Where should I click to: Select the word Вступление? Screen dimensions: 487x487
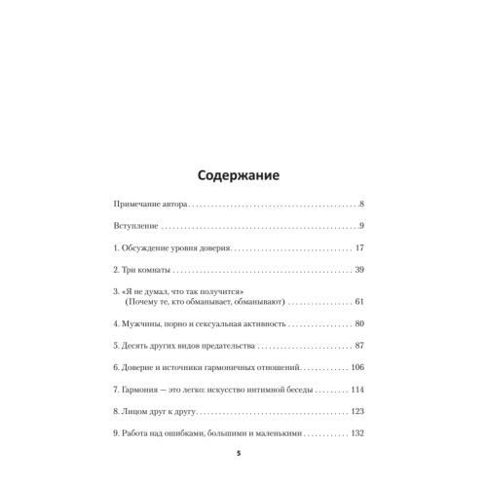click(x=140, y=227)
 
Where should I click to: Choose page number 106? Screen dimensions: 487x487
click(x=356, y=369)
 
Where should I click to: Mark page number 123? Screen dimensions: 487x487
click(x=356, y=412)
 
